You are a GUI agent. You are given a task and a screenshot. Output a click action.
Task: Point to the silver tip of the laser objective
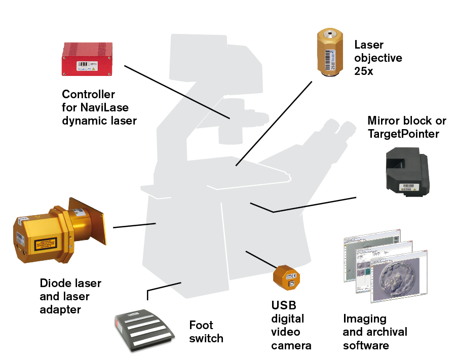pyautogui.click(x=331, y=35)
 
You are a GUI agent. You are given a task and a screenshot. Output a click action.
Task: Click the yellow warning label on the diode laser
pyautogui.click(x=47, y=247)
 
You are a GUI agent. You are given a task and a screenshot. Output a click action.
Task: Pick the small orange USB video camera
pyautogui.click(x=286, y=276)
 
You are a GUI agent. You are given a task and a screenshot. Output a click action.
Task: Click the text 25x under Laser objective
pyautogui.click(x=363, y=71)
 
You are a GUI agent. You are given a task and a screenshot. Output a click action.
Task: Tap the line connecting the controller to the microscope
pyautogui.click(x=177, y=92)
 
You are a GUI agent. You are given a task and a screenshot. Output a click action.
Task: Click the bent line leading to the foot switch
pyautogui.click(x=162, y=287)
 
